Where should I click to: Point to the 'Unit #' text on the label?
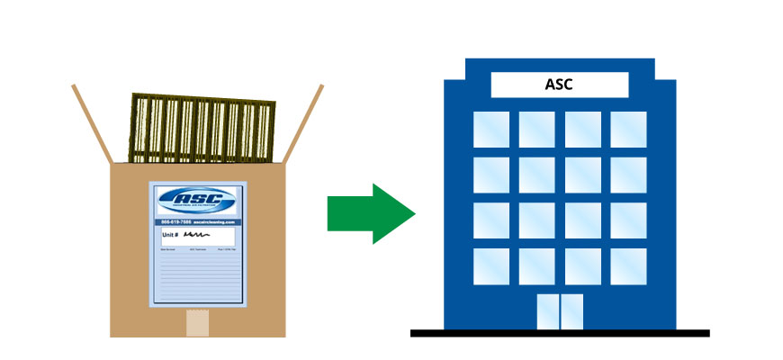tap(171, 232)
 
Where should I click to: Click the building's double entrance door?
tap(559, 310)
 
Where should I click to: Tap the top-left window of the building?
tap(491, 130)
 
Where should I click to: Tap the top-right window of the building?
tap(627, 130)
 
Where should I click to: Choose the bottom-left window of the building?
tap(491, 265)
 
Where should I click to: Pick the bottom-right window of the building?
tap(627, 265)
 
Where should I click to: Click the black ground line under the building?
tap(559, 333)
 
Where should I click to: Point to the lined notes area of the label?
tap(198, 279)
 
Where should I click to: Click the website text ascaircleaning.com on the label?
tap(216, 221)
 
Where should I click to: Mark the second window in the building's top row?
tap(536, 130)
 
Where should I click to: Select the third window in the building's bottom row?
tap(582, 265)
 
